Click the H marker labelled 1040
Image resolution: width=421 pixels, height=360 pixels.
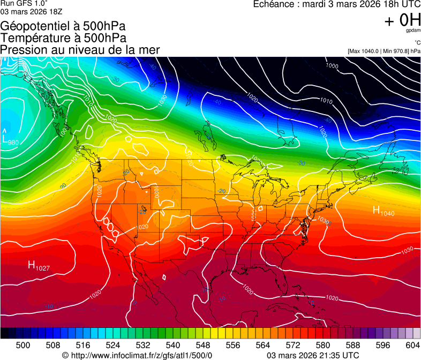tap(377, 211)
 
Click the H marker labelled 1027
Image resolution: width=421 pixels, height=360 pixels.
tap(32, 265)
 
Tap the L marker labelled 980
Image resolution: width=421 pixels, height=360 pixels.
tap(5, 139)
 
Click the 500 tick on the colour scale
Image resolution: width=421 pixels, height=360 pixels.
tap(24, 345)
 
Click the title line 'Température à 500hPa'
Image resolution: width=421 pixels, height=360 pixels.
tap(63, 38)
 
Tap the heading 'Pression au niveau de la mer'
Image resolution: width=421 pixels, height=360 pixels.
tap(80, 50)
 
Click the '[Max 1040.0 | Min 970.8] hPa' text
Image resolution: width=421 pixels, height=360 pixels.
tap(384, 51)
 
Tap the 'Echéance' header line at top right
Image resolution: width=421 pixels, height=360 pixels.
tap(336, 4)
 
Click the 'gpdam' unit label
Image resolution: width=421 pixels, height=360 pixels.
tap(413, 31)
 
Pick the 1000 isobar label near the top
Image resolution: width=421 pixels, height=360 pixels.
tap(332, 66)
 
